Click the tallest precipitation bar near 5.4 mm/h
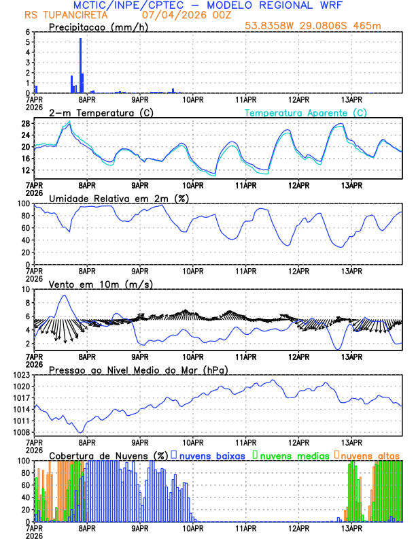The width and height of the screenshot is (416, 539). click(80, 65)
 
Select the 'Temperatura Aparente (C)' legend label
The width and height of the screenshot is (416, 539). click(305, 112)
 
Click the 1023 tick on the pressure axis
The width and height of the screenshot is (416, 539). click(22, 375)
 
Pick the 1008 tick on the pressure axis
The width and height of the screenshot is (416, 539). click(22, 432)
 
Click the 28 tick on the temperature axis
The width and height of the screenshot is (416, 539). click(26, 124)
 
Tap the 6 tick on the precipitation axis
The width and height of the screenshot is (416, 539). click(28, 32)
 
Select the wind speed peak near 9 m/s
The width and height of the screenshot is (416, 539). click(65, 295)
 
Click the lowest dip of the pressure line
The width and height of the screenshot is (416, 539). click(81, 432)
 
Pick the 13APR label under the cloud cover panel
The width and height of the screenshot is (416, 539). click(351, 528)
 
